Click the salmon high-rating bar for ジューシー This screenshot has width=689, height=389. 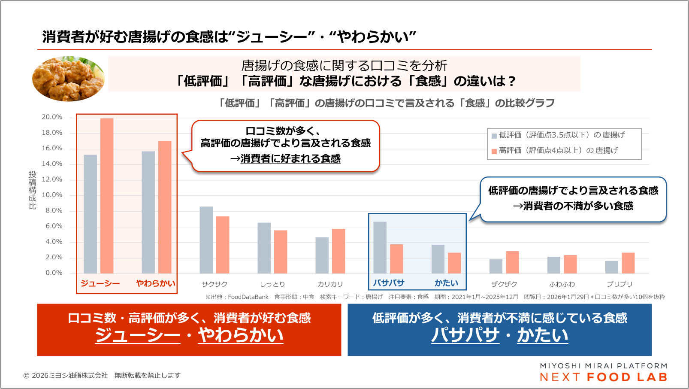coord(107,196)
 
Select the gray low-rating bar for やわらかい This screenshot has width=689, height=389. coord(148,212)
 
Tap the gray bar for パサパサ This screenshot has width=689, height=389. coord(380,247)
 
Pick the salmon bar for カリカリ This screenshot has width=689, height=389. coord(338,251)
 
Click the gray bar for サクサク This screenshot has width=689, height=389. coord(206,240)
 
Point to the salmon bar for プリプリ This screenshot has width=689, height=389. coord(628,263)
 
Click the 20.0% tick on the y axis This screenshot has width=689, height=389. coord(52,117)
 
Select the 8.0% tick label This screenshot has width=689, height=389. coord(54,210)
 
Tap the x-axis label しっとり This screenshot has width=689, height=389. coord(272,284)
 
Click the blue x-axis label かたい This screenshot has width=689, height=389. coord(446,283)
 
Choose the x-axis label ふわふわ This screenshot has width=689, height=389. coord(562,284)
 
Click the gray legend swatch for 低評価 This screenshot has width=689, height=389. coord(494,136)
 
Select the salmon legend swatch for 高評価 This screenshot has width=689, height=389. coord(494,151)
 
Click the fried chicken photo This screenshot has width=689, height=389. coord(69,79)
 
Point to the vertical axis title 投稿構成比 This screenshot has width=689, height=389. coord(33,190)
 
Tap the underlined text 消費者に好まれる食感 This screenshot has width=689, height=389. coord(290,159)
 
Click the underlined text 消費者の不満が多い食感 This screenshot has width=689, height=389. coord(578,207)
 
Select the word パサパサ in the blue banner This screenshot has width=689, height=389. coord(465,335)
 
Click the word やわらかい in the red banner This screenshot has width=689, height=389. coord(241,335)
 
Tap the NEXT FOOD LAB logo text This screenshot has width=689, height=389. coord(604,377)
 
